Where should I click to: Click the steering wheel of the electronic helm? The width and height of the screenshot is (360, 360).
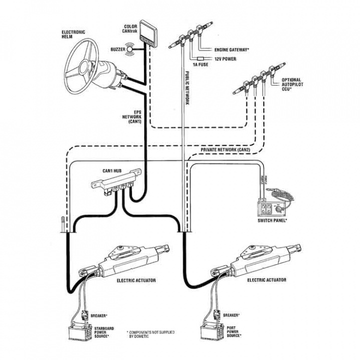tap(88, 55)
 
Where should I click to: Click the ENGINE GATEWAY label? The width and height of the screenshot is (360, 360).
tap(231, 50)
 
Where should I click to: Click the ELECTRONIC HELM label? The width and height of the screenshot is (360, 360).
tap(73, 34)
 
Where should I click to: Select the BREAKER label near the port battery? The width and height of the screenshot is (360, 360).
tap(230, 315)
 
